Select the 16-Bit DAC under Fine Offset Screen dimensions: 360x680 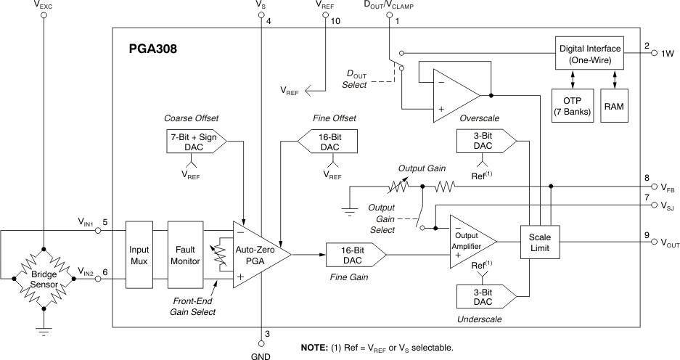pos(329,142)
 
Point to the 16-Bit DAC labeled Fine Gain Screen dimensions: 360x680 pos(354,255)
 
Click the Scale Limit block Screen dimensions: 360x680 pos(539,242)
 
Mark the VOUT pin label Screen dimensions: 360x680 pos(667,243)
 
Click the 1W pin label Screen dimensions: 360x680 pos(668,54)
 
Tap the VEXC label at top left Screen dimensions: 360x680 pos(44,4)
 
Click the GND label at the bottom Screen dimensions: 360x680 pos(261,355)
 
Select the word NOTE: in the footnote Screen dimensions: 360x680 pos(317,348)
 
